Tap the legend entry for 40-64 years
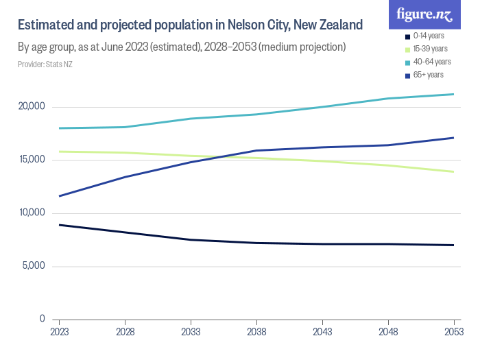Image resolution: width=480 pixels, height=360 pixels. click(429, 62)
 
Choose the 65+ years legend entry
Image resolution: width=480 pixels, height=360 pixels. click(427, 75)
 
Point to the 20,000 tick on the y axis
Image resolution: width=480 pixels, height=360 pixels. click(32, 107)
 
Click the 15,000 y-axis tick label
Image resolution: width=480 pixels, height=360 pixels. click(32, 160)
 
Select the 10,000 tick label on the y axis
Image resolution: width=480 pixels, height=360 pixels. click(32, 213)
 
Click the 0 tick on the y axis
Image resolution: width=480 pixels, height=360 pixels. click(42, 319)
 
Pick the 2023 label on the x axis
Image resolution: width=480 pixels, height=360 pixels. click(59, 332)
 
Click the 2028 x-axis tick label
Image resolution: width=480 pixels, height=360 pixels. click(125, 332)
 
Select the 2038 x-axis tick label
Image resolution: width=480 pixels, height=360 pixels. click(256, 332)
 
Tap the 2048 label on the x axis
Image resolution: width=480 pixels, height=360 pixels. click(388, 332)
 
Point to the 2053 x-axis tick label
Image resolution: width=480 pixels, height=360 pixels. click(454, 332)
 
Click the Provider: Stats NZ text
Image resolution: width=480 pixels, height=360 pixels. click(45, 64)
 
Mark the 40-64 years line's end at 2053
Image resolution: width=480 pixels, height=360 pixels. click(454, 94)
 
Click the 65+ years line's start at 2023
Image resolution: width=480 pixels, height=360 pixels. click(59, 196)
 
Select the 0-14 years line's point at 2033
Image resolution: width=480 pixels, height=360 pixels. click(191, 239)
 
